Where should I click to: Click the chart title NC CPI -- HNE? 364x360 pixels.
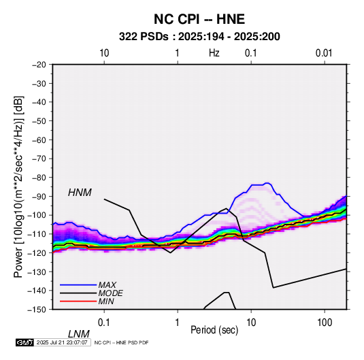(199, 19)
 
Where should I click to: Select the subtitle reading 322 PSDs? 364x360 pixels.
(144, 37)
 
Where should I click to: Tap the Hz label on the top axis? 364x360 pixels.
(214, 53)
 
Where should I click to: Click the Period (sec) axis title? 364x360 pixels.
(214, 330)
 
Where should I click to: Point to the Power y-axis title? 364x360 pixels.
(18, 186)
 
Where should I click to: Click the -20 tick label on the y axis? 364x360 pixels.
(39, 65)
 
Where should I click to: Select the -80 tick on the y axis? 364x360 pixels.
(39, 178)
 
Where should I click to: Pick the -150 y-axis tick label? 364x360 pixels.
(37, 310)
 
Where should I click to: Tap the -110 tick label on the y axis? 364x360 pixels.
(37, 234)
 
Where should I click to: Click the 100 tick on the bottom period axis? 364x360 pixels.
(325, 323)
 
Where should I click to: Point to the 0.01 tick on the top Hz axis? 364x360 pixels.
(324, 53)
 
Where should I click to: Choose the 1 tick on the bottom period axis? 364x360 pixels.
(178, 323)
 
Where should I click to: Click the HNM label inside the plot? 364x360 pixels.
(80, 193)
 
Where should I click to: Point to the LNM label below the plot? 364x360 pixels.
(79, 334)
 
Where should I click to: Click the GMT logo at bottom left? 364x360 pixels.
(24, 342)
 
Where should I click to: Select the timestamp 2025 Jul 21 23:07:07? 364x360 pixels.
(62, 342)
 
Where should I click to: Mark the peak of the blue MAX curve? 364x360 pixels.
(267, 183)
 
